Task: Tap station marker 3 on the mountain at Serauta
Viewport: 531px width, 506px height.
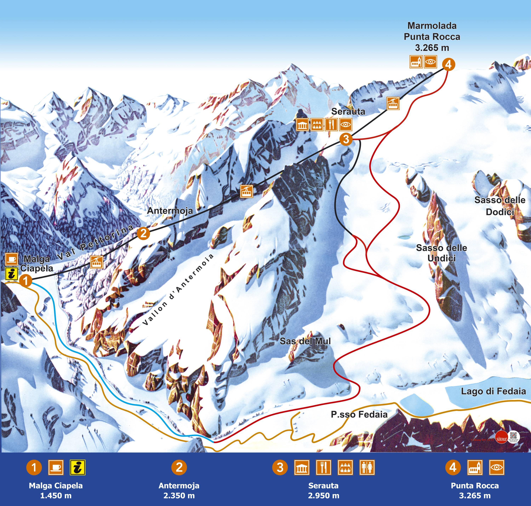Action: click(346, 139)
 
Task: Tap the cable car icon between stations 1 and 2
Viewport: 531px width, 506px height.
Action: click(96, 262)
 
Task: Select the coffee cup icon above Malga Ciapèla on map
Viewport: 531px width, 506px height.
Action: click(12, 259)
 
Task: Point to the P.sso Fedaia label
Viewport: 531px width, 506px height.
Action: click(359, 414)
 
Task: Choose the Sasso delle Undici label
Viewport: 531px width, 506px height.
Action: click(441, 253)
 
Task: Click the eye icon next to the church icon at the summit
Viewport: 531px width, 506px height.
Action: click(430, 62)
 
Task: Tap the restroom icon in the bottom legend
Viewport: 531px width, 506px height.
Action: click(367, 467)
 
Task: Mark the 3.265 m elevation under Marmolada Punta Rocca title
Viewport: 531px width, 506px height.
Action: click(432, 48)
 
